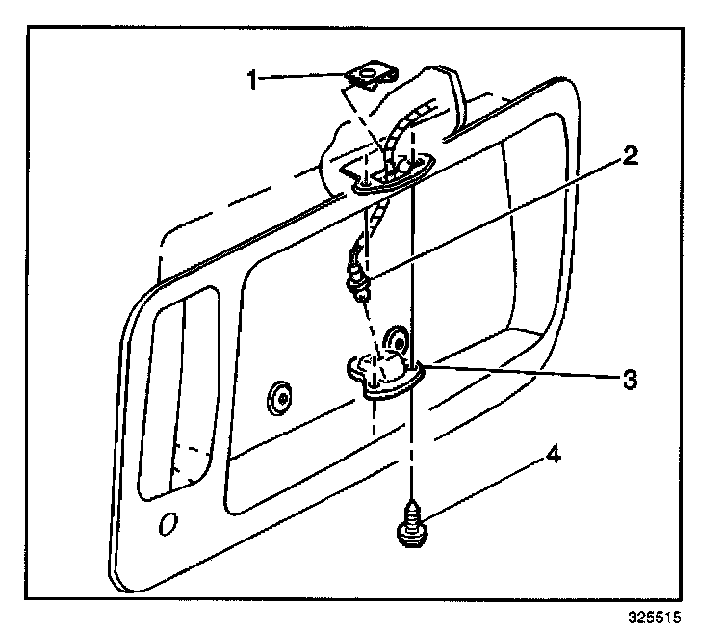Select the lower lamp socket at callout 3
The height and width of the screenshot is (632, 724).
tap(383, 372)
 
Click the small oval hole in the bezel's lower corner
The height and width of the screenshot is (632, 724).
tap(168, 523)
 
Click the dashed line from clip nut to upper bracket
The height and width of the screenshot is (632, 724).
tap(355, 120)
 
